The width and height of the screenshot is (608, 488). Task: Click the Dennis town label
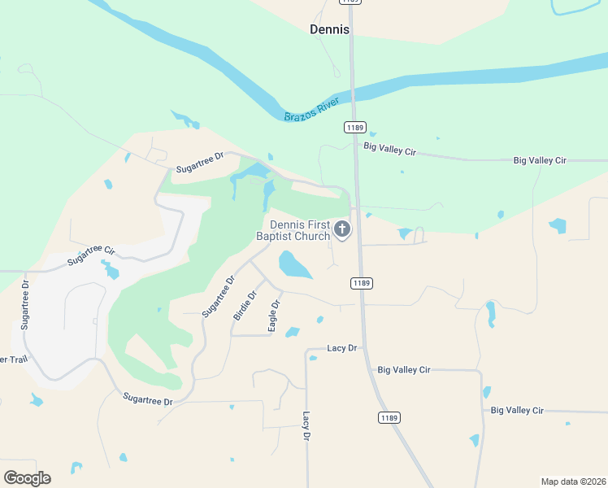pos(329,29)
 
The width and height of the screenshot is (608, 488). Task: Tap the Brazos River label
pos(311,112)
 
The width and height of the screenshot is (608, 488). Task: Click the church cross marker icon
pos(342,230)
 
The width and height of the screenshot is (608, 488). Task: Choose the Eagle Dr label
pos(274,316)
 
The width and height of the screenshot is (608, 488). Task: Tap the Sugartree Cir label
pos(92,254)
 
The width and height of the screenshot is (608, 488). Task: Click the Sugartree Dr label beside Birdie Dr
pos(218,296)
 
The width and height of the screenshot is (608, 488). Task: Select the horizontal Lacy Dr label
pos(342,348)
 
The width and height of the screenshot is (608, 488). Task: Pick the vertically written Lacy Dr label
pos(306,425)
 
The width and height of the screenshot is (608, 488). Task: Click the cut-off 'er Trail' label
pos(14,359)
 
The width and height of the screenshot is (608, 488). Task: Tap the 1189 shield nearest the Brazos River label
pos(354,127)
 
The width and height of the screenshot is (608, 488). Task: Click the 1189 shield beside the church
pos(362,283)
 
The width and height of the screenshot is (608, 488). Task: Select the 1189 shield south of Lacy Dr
pos(389,417)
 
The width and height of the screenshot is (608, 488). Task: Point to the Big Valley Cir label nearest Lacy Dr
pos(403,370)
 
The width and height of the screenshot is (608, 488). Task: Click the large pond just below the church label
pos(294,265)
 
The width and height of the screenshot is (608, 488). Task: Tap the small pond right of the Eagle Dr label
pos(293,332)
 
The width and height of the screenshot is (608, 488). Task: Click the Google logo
pos(27,478)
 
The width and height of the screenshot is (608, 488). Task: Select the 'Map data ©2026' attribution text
pos(573,481)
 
